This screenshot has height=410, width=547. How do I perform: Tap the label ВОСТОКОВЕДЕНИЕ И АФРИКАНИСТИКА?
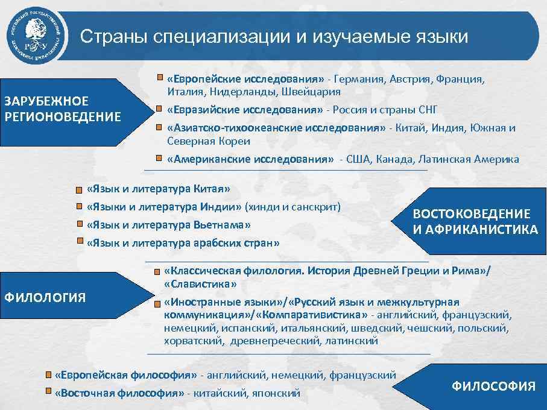(x=475, y=221)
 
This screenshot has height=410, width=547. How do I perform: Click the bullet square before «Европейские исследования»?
(x=159, y=79)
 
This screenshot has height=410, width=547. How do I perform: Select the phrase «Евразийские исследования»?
(x=245, y=110)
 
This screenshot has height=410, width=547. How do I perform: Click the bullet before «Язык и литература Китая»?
(x=79, y=190)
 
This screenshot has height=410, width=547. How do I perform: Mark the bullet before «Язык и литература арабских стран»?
(x=79, y=243)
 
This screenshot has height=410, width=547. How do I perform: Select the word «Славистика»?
(x=200, y=283)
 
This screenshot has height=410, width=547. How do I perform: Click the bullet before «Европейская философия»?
(x=49, y=374)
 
